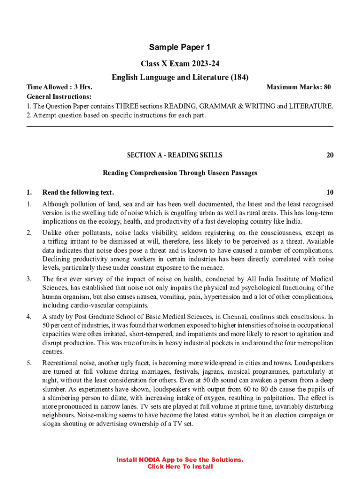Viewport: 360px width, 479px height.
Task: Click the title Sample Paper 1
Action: click(180, 47)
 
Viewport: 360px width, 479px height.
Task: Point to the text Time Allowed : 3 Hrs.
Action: click(59, 87)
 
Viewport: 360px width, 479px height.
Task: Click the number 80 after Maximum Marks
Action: click(327, 87)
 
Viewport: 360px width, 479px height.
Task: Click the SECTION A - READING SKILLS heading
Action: click(175, 155)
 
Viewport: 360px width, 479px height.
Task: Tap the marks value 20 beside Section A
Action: click(330, 155)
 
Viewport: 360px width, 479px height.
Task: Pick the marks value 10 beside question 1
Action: click(330, 192)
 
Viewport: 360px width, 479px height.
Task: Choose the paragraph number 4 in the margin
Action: click(29, 316)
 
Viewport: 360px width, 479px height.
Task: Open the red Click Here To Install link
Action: click(180, 466)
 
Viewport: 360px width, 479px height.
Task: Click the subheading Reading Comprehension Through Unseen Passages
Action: click(180, 173)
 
